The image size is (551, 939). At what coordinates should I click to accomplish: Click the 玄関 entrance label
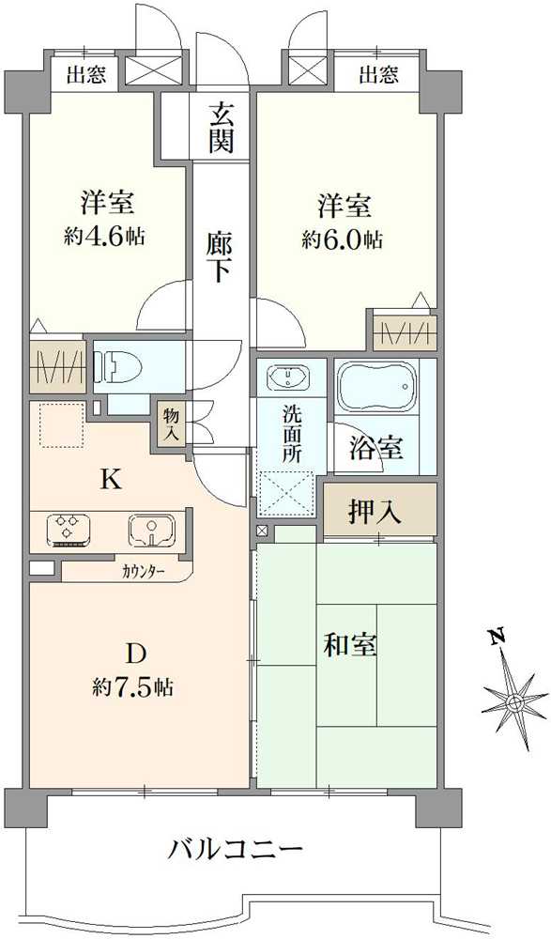[221, 127]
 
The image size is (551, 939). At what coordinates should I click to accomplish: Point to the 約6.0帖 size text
[343, 240]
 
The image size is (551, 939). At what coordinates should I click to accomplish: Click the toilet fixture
[121, 366]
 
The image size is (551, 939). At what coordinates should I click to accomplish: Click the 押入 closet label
[375, 512]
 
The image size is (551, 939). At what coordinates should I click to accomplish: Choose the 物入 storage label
[171, 424]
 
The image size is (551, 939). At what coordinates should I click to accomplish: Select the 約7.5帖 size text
[133, 686]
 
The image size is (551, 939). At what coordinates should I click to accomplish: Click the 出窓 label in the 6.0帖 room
[378, 75]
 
